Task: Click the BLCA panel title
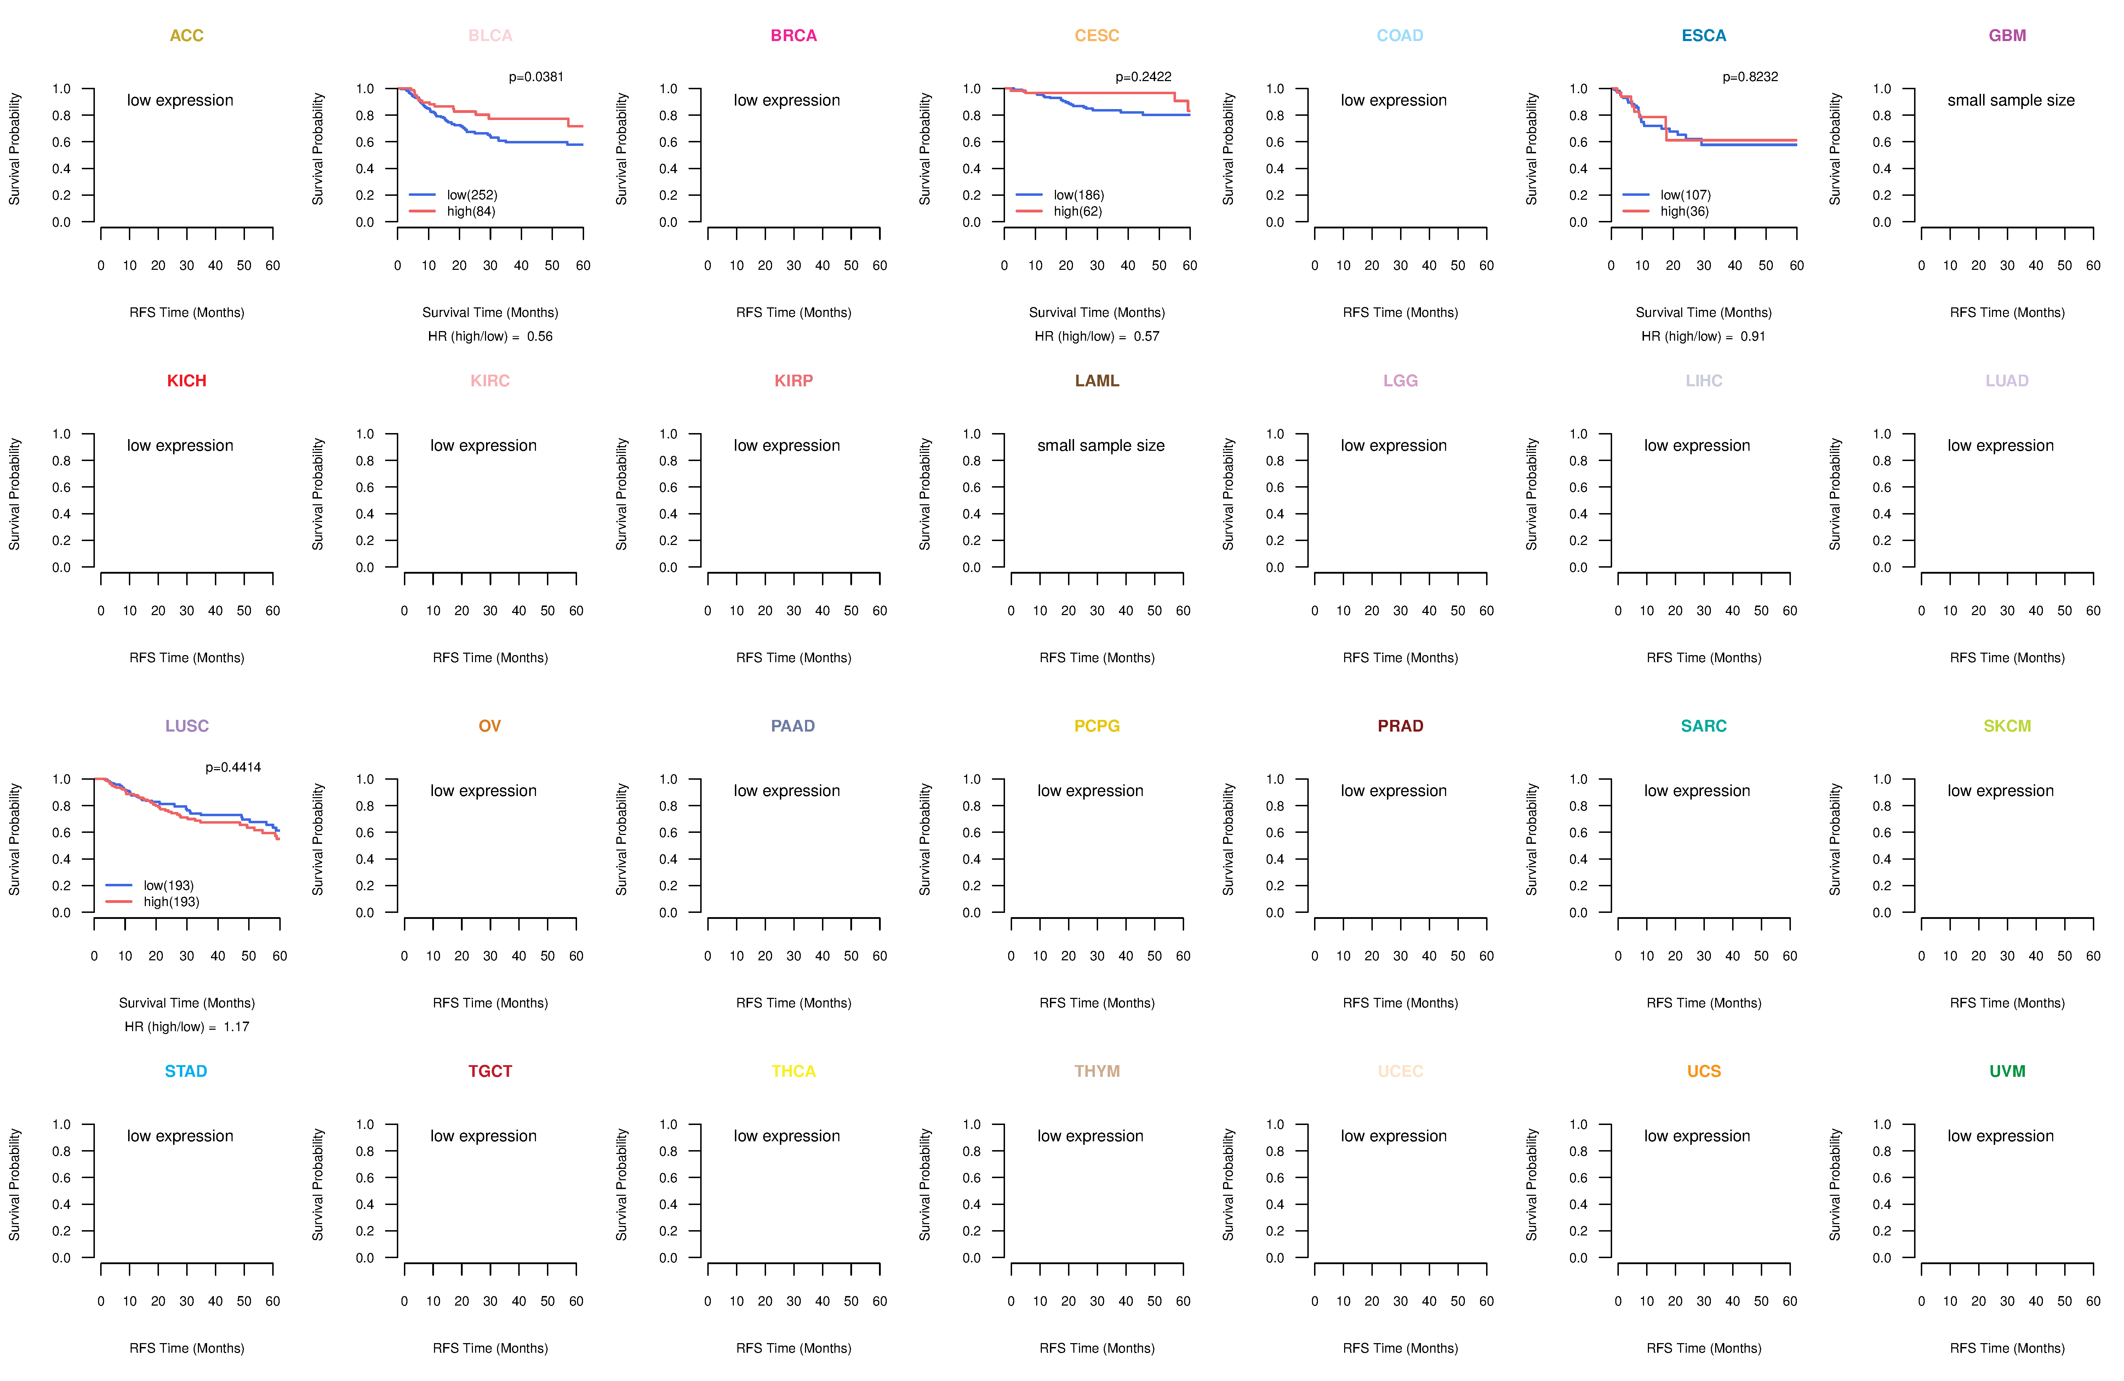tap(490, 36)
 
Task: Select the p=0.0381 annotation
tap(536, 77)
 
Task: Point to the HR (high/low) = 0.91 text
tap(1703, 336)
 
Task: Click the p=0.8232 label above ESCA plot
tap(1750, 77)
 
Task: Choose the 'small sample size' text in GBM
tap(2011, 100)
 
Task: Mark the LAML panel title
tap(1097, 381)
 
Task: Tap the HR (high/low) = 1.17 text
tap(187, 1027)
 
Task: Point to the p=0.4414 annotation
tap(233, 768)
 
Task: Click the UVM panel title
tap(2007, 1071)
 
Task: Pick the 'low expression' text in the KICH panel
tap(180, 445)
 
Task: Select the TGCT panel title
tap(490, 1071)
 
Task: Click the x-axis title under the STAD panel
tap(187, 1348)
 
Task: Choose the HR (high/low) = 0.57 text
tap(1097, 336)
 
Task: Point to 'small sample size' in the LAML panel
tap(1100, 445)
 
